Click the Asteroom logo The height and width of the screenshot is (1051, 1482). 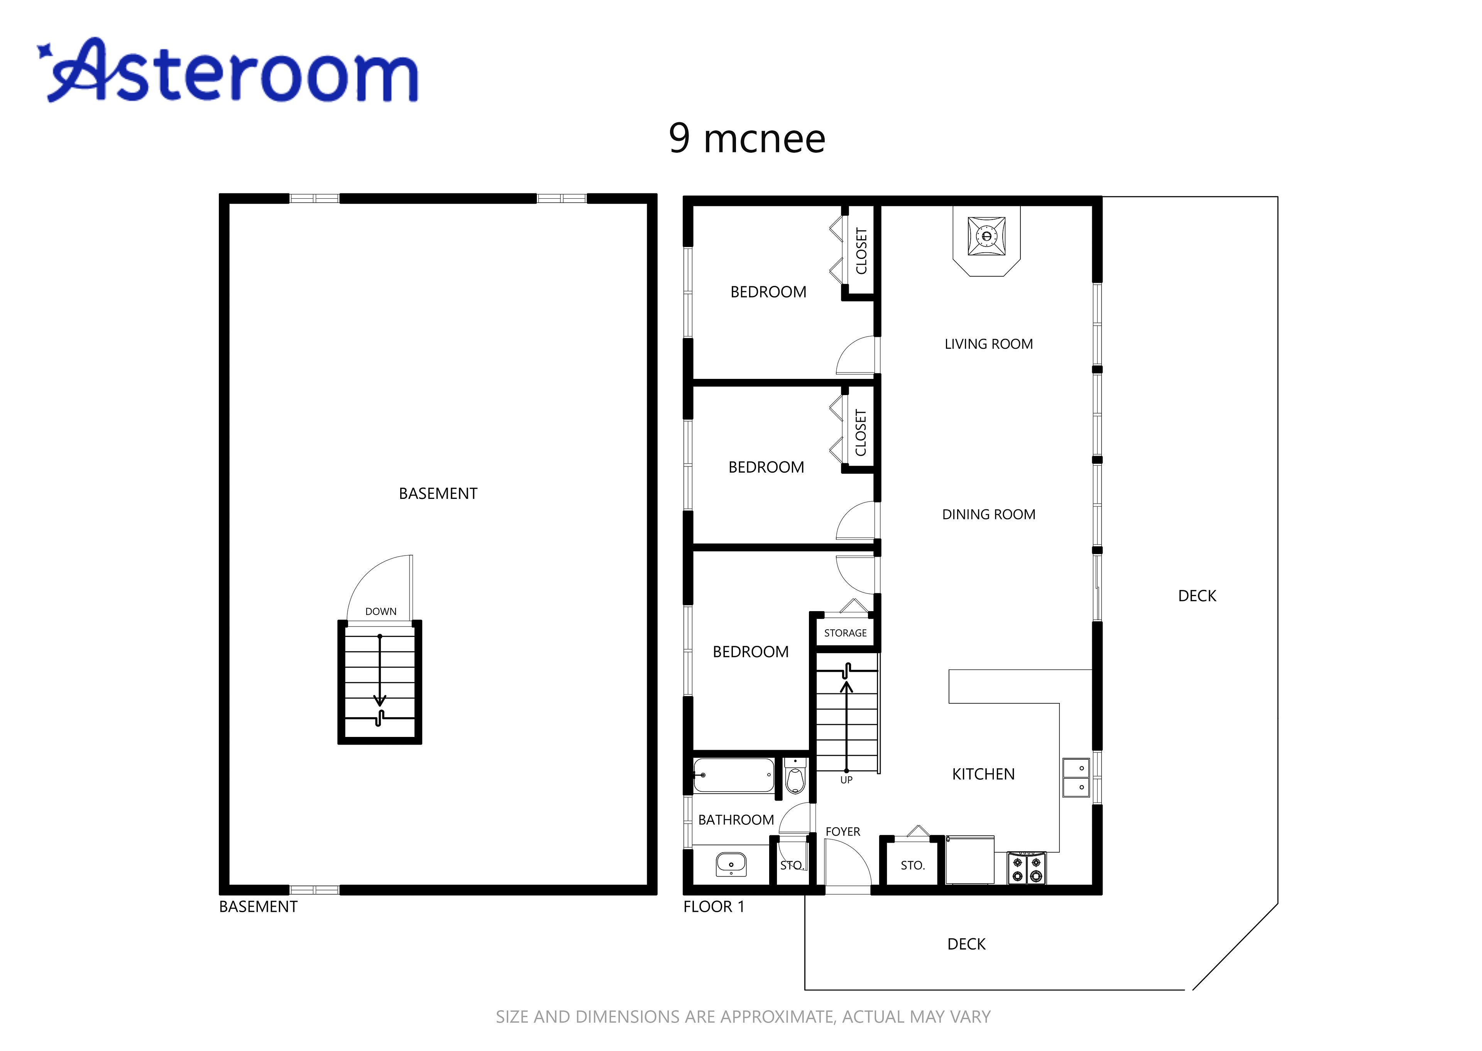click(x=228, y=70)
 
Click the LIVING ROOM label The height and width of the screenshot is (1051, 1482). click(x=988, y=344)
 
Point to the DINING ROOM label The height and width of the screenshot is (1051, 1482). click(x=988, y=514)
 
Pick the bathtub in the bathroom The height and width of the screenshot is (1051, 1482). click(x=734, y=775)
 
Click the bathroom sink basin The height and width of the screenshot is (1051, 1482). click(x=731, y=864)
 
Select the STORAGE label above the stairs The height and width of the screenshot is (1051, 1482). click(x=845, y=633)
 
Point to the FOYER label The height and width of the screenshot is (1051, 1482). click(x=843, y=831)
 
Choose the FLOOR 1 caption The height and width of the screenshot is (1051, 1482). click(x=714, y=907)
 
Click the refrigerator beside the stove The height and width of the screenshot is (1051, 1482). click(x=969, y=860)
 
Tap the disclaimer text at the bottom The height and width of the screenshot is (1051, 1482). click(x=743, y=1017)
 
